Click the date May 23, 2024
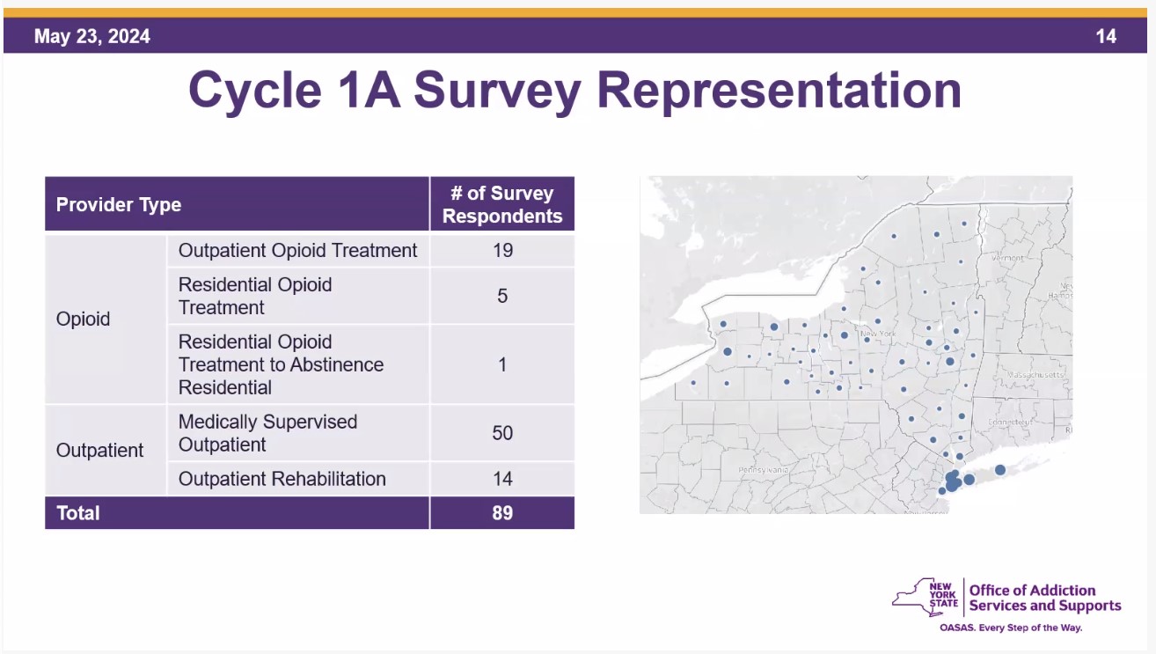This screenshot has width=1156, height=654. point(92,36)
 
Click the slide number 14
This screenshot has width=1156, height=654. point(1106,36)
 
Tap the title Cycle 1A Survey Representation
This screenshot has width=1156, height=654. point(574,91)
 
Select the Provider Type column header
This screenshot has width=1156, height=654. point(119,205)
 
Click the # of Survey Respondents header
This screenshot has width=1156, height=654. point(502,205)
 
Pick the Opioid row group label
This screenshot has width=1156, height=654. point(84,319)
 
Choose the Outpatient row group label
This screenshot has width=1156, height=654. point(99,450)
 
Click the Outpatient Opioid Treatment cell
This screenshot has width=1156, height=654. point(297,250)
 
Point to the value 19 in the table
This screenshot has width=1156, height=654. point(502,250)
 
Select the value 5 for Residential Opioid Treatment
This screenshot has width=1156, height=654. point(502,296)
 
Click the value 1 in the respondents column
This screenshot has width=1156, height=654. point(502,364)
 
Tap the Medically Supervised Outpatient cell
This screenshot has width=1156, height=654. point(267,433)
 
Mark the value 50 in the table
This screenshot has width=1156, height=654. point(502,433)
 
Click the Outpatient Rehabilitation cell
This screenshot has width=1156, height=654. point(282,479)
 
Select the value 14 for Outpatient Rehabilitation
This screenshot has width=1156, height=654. point(502,479)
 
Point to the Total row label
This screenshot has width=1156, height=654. point(78,513)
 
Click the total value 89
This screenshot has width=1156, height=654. point(502,513)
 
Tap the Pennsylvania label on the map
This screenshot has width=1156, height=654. point(764,470)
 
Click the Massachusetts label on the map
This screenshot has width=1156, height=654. point(1035,375)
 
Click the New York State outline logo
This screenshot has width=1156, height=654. point(925,597)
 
